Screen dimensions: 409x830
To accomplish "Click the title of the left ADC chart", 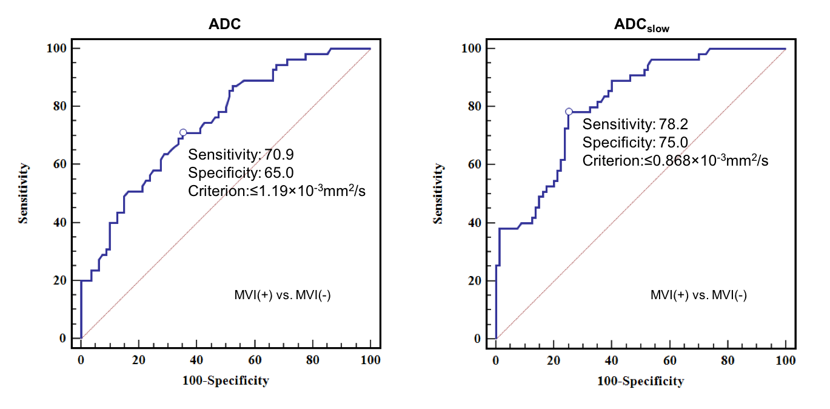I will [225, 24].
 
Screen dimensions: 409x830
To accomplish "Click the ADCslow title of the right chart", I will [641, 25].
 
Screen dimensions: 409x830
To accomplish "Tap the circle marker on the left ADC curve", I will [183, 132].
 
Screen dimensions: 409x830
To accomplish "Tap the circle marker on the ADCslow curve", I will [569, 112].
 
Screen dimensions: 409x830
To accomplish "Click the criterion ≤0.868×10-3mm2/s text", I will [675, 161].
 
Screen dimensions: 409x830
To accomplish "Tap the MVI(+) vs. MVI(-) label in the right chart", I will [698, 296].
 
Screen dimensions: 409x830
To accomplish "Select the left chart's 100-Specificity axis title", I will [225, 380].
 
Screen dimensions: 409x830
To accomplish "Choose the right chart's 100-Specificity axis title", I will [640, 381].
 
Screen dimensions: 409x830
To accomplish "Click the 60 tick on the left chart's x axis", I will [255, 360].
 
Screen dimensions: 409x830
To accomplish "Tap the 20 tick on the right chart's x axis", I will [554, 360].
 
